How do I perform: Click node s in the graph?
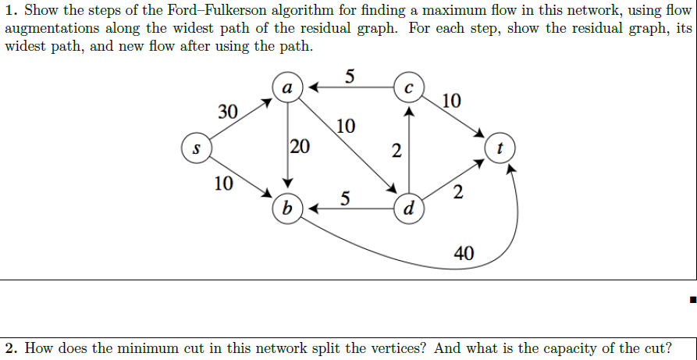point(196,147)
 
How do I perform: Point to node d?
point(409,209)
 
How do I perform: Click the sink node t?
point(500,147)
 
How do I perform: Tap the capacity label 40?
point(463,252)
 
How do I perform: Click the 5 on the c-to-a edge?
point(348,77)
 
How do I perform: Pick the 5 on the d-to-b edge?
point(344,198)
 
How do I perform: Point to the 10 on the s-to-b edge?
point(223,184)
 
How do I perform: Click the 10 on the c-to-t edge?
point(450,101)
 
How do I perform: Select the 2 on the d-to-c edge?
point(397,151)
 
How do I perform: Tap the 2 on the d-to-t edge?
point(457,193)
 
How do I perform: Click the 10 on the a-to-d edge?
point(346,126)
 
